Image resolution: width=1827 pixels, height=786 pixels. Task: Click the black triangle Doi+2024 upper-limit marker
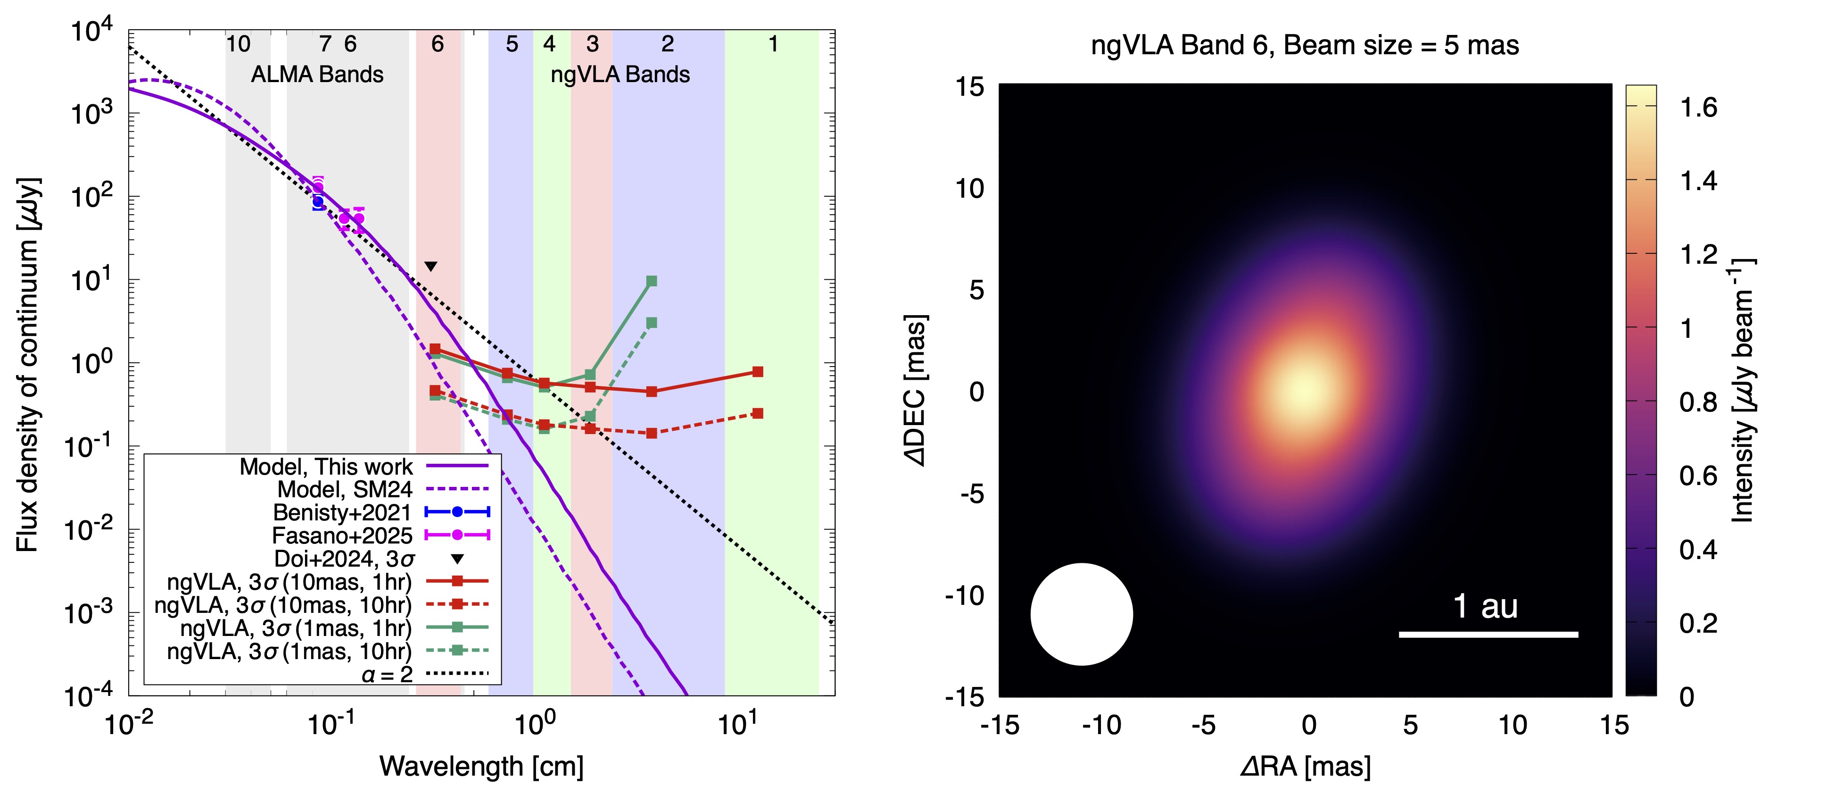(430, 267)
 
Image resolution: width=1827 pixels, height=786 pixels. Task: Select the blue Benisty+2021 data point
(318, 202)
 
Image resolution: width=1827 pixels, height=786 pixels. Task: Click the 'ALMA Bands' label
(317, 75)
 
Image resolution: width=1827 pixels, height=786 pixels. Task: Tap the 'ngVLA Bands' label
(620, 75)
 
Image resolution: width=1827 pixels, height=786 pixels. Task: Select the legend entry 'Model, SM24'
(345, 489)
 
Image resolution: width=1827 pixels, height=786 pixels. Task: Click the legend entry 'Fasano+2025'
(342, 535)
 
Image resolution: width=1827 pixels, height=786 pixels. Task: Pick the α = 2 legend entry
(387, 674)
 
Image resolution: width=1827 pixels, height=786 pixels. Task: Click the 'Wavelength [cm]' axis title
(481, 766)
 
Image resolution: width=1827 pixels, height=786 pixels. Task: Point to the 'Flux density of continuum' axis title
(28, 365)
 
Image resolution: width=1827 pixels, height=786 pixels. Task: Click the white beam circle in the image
(1082, 614)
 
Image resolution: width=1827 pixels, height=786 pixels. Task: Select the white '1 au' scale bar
(1488, 634)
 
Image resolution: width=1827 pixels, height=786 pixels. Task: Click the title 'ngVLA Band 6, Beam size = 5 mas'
(1305, 45)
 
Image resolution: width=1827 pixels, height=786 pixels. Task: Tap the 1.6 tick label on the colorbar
(1699, 108)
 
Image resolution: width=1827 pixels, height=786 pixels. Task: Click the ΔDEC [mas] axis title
(917, 390)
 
